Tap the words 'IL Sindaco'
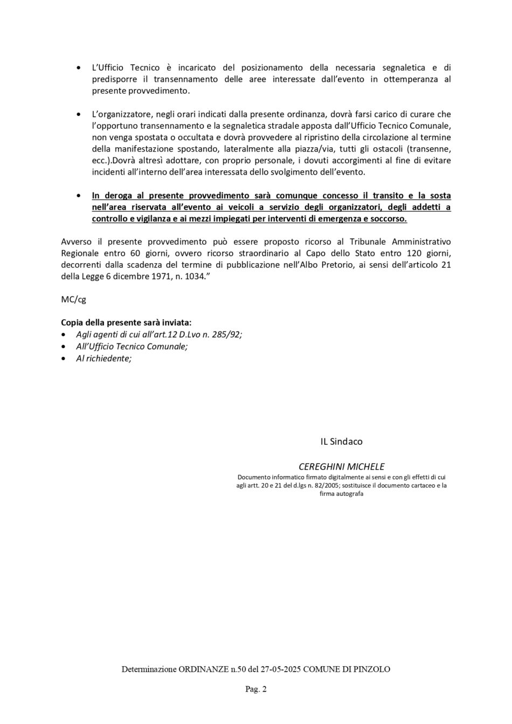click(341, 442)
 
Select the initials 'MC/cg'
click(73, 299)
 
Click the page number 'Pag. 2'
click(256, 689)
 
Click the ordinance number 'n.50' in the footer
click(238, 669)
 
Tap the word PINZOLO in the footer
click(372, 669)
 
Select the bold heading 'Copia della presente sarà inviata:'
click(126, 322)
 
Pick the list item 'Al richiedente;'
click(103, 358)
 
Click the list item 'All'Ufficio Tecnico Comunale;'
click(132, 346)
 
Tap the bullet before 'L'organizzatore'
click(79, 114)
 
